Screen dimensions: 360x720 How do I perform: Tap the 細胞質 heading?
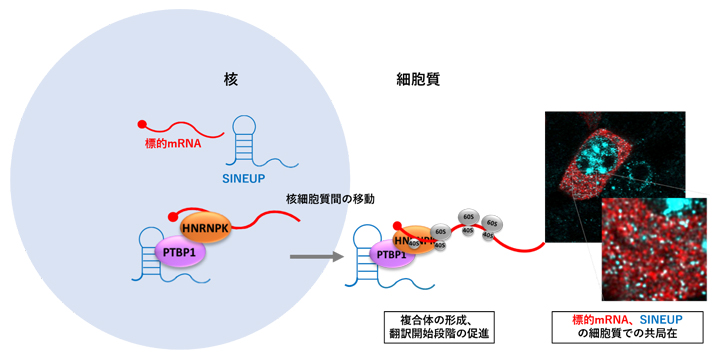tap(419, 77)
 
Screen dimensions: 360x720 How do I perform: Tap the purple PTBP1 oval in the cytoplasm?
tap(391, 255)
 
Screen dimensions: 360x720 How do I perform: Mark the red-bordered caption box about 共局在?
tap(627, 326)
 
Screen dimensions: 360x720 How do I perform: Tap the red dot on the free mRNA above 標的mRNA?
tap(143, 125)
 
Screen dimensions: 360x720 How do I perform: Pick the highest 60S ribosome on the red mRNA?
tap(467, 215)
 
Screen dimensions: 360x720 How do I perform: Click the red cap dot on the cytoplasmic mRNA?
tap(398, 227)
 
